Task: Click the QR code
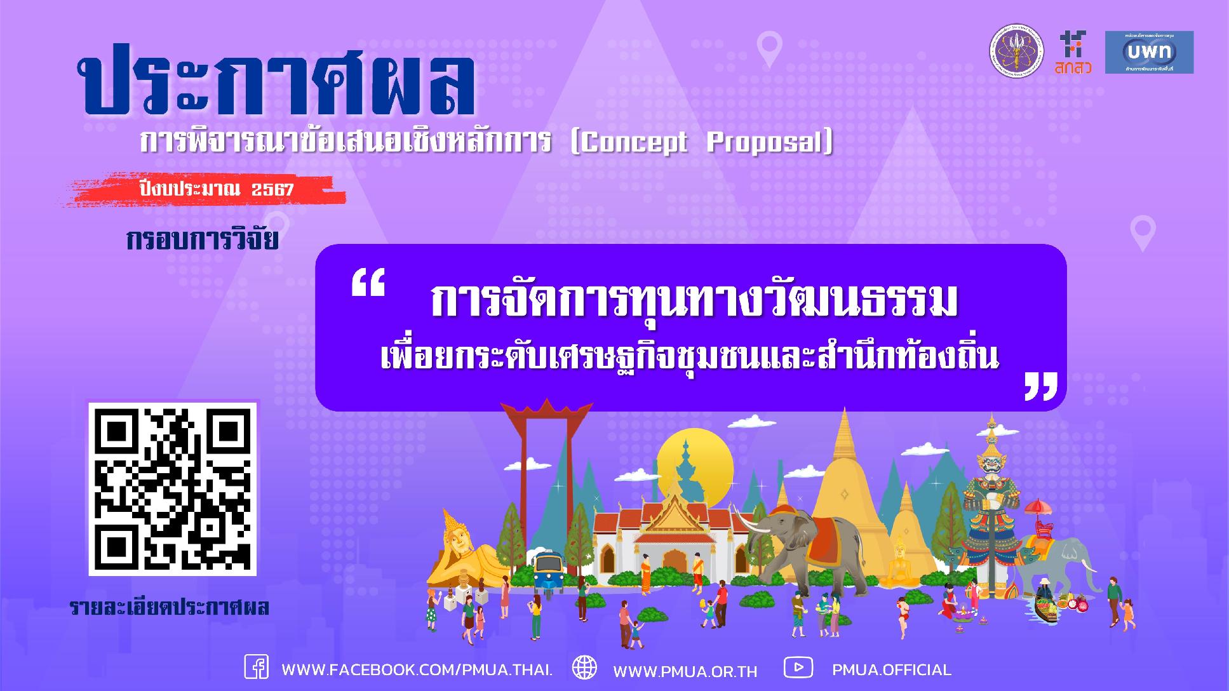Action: pyautogui.click(x=172, y=488)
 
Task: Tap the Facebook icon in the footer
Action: pyautogui.click(x=257, y=668)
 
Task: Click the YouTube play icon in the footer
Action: pyautogui.click(x=798, y=668)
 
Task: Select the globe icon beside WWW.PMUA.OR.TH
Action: pyautogui.click(x=584, y=668)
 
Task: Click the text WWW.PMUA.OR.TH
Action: pyautogui.click(x=685, y=671)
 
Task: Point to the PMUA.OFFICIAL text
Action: pyautogui.click(x=892, y=670)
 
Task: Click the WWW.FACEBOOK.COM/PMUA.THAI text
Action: pyautogui.click(x=417, y=670)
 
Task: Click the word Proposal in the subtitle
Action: pyautogui.click(x=766, y=144)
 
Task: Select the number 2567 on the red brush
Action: pyautogui.click(x=272, y=189)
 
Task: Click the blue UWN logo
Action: pyautogui.click(x=1149, y=52)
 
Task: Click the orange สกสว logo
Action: pyautogui.click(x=1073, y=52)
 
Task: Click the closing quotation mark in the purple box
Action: pyautogui.click(x=1041, y=386)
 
